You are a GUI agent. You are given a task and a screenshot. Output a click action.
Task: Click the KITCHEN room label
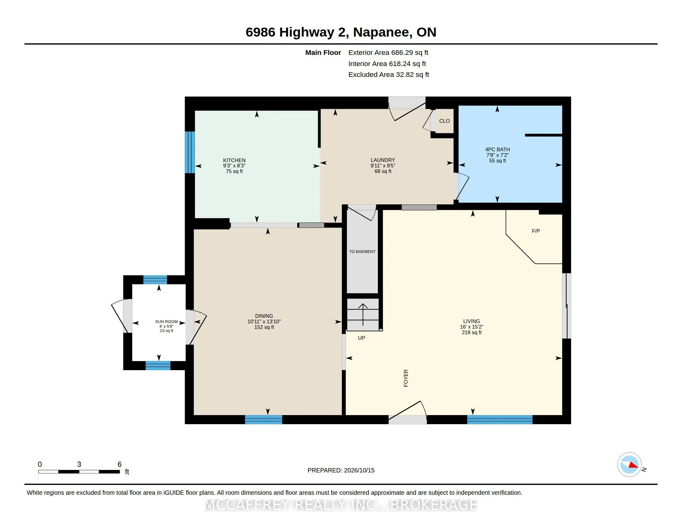(234, 160)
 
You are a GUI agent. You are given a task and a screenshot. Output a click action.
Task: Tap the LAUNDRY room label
(383, 160)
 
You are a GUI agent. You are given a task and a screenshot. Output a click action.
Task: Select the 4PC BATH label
(498, 149)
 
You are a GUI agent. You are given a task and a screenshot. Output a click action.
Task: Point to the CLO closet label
(444, 121)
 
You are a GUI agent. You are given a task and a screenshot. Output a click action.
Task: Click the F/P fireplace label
(536, 231)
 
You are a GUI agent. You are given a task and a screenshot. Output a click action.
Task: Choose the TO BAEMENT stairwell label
(362, 252)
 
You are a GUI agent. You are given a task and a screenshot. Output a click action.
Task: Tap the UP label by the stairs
(361, 338)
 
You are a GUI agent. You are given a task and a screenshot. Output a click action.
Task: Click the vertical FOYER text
(406, 378)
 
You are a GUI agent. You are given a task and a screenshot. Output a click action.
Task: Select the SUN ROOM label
(166, 321)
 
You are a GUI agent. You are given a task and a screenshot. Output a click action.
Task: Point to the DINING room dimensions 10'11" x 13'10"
(264, 321)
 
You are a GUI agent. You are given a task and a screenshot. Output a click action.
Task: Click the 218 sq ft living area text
(472, 333)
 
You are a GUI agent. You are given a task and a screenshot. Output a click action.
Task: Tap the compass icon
(629, 465)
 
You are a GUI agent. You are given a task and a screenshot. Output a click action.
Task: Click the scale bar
(79, 472)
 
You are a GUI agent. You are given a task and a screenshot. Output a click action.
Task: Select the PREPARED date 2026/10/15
(341, 470)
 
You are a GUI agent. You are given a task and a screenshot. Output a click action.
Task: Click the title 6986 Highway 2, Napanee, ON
(341, 32)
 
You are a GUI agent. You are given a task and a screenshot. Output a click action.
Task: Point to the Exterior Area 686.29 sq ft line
(388, 53)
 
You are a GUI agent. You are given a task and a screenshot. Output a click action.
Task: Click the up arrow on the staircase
(363, 314)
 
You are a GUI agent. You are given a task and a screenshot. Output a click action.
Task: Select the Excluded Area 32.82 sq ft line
(389, 75)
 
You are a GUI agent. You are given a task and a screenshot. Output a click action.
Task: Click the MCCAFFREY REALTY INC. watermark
(341, 505)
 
